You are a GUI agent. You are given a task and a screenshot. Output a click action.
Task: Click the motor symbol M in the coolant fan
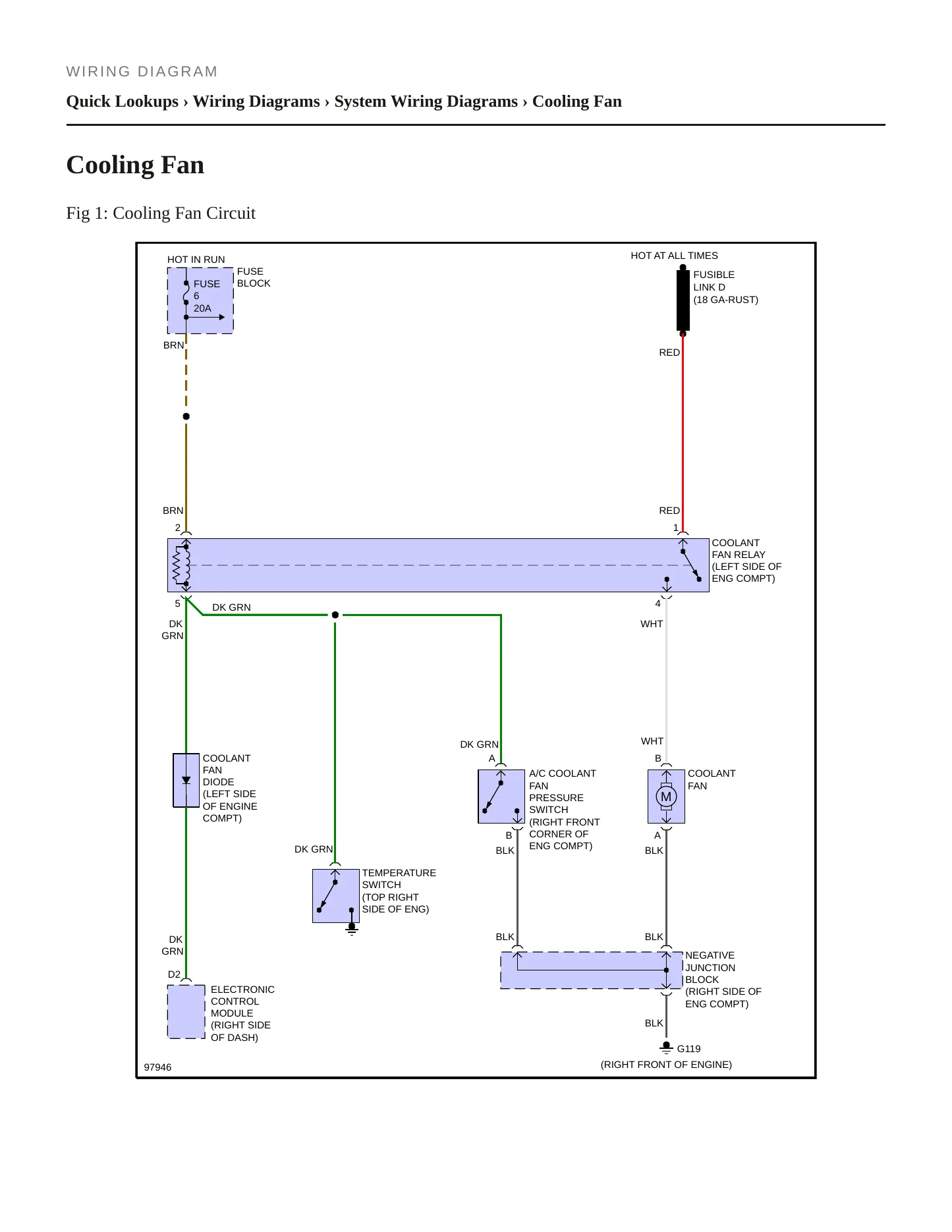[x=666, y=797]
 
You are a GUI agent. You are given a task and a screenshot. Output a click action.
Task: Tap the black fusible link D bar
[x=683, y=301]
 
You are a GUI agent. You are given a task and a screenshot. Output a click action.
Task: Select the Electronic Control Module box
[x=186, y=1011]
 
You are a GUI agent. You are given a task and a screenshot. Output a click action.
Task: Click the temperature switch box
[x=335, y=896]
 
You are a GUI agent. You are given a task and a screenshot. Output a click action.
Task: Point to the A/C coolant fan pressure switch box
[x=501, y=797]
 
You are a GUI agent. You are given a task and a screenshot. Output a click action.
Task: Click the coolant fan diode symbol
[x=186, y=780]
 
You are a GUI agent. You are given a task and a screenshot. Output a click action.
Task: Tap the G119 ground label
[x=688, y=1048]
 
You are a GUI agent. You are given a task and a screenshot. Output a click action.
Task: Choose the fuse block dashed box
[x=200, y=300]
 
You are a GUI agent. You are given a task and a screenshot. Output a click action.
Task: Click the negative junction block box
[x=592, y=970]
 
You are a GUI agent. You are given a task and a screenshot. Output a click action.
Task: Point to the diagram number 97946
[x=157, y=1067]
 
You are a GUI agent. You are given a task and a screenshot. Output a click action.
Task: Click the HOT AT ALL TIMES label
[x=674, y=256]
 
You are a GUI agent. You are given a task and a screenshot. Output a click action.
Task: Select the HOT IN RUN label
[x=196, y=260]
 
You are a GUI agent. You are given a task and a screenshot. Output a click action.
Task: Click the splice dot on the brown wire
[x=186, y=416]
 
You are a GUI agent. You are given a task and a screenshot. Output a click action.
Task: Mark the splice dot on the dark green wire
[x=335, y=615]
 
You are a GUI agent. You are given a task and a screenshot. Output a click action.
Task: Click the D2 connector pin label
[x=174, y=974]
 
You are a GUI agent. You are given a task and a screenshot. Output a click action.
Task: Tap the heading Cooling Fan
[x=135, y=165]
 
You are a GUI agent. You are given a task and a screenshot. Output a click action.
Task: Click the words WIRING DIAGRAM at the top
[x=142, y=71]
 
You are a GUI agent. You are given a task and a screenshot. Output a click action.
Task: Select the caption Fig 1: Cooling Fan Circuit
[x=161, y=213]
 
